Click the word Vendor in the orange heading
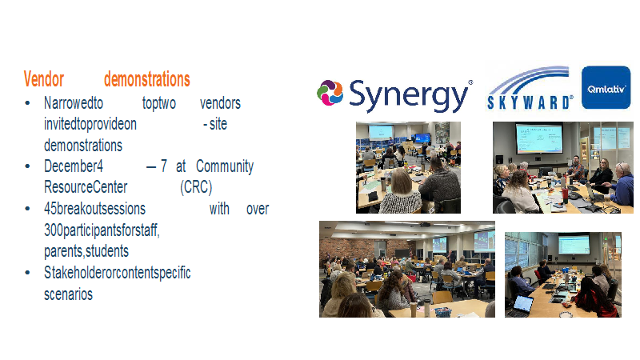pos(44,79)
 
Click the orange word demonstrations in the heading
pos(147,79)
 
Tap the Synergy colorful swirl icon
pos(330,93)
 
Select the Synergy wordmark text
pos(409,95)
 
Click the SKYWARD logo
pos(530,88)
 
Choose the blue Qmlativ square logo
pos(606,87)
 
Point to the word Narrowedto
pos(74,103)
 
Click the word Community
pos(225,166)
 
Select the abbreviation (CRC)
pos(196,187)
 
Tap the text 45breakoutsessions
pos(94,209)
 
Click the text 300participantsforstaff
pos(102,230)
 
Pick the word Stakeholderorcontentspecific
pos(118,273)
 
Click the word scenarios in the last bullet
pos(69,294)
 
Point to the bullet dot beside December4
pos(27,166)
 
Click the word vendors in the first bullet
pos(221,103)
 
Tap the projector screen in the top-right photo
pos(538,138)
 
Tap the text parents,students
pos(86,251)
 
